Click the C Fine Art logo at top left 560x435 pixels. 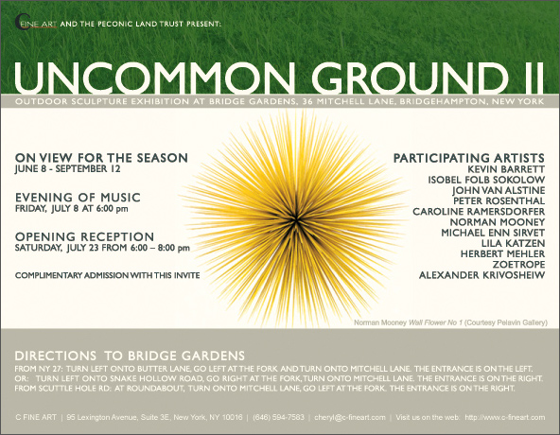click(x=36, y=23)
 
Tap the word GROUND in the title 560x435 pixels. click(x=410, y=78)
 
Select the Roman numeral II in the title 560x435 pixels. click(x=531, y=78)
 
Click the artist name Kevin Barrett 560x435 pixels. click(x=506, y=169)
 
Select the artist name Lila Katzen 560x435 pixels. click(x=513, y=243)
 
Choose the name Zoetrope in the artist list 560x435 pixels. click(x=518, y=264)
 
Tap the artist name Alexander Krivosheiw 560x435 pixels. click(x=481, y=275)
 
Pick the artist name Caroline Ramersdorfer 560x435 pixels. click(x=479, y=212)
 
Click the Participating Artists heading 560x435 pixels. click(x=469, y=158)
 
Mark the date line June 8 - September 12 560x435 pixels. click(x=67, y=169)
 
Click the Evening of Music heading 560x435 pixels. click(x=78, y=197)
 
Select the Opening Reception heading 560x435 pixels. click(x=84, y=236)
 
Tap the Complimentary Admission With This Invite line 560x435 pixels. click(x=108, y=275)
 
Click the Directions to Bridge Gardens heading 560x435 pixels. click(x=130, y=356)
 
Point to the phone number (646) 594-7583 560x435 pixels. click(x=278, y=417)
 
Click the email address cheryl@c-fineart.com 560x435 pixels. click(x=350, y=417)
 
